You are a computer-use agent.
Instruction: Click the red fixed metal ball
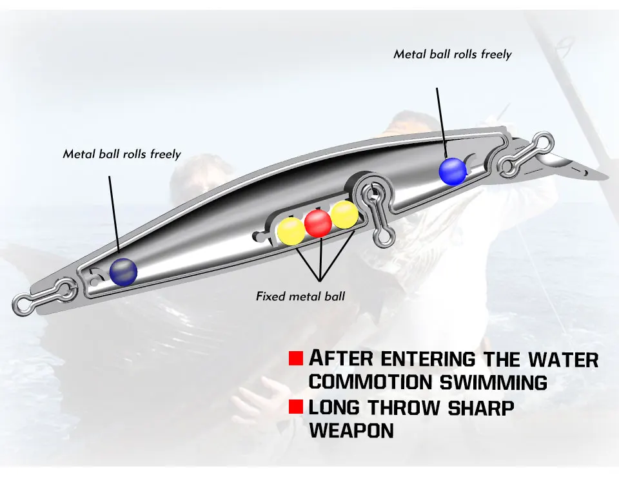point(318,223)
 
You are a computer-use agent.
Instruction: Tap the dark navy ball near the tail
point(123,272)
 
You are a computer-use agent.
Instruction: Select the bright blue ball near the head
point(453,171)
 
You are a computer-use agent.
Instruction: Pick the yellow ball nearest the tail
point(291,231)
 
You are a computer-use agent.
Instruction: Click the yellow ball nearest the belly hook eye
point(344,215)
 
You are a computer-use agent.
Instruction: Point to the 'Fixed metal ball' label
point(300,296)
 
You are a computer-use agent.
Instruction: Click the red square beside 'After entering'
point(296,358)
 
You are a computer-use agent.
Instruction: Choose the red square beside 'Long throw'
point(296,407)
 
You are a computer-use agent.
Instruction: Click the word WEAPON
point(351,430)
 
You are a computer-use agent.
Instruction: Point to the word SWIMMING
point(493,381)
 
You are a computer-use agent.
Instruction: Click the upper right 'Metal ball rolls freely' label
point(452,54)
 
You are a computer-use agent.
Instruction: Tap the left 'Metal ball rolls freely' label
point(122,154)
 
